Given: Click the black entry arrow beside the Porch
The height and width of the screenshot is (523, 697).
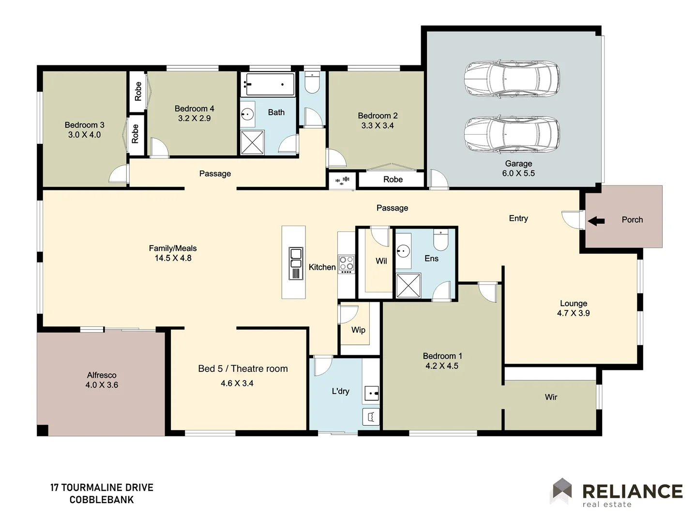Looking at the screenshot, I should tap(596, 221).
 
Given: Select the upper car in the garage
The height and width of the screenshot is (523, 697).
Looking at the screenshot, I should tap(512, 78).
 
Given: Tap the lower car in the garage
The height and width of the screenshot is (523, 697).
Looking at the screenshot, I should tap(512, 134).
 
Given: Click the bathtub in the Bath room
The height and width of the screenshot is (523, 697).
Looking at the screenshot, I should tap(270, 85).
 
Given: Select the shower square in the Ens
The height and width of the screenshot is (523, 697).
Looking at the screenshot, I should tap(408, 285).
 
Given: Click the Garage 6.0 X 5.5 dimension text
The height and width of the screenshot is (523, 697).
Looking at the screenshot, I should tap(518, 173).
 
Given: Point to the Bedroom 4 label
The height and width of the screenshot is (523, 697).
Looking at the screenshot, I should tap(194, 109).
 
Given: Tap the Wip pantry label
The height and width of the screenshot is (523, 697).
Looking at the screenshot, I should tap(358, 330).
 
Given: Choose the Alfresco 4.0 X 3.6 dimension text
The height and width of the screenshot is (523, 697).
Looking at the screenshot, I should tap(102, 385).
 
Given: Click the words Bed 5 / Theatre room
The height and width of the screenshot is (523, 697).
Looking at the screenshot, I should tap(242, 369).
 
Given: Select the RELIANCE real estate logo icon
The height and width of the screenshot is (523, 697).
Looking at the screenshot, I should tap(562, 490).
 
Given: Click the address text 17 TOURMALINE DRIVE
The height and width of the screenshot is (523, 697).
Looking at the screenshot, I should tap(102, 488).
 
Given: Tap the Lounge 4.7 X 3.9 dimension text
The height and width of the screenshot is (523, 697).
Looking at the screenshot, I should tap(573, 313).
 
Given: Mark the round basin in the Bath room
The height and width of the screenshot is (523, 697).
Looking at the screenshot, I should tap(247, 115).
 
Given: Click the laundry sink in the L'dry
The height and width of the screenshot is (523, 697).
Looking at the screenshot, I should tap(371, 394).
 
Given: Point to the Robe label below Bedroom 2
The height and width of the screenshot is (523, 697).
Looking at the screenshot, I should tap(393, 180).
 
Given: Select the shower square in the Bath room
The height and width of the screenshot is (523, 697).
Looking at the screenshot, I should tap(252, 142).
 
